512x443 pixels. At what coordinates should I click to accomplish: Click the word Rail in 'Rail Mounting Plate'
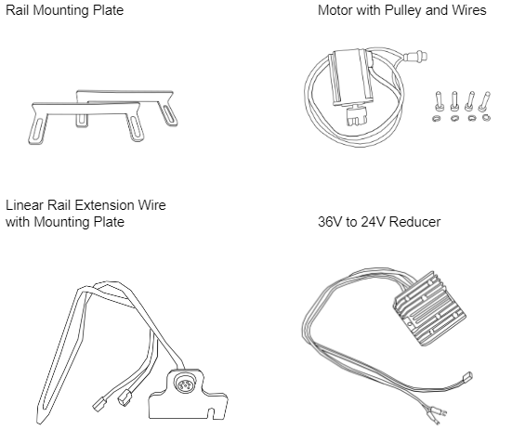19,11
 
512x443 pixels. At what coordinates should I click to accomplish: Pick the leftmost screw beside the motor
435,99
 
